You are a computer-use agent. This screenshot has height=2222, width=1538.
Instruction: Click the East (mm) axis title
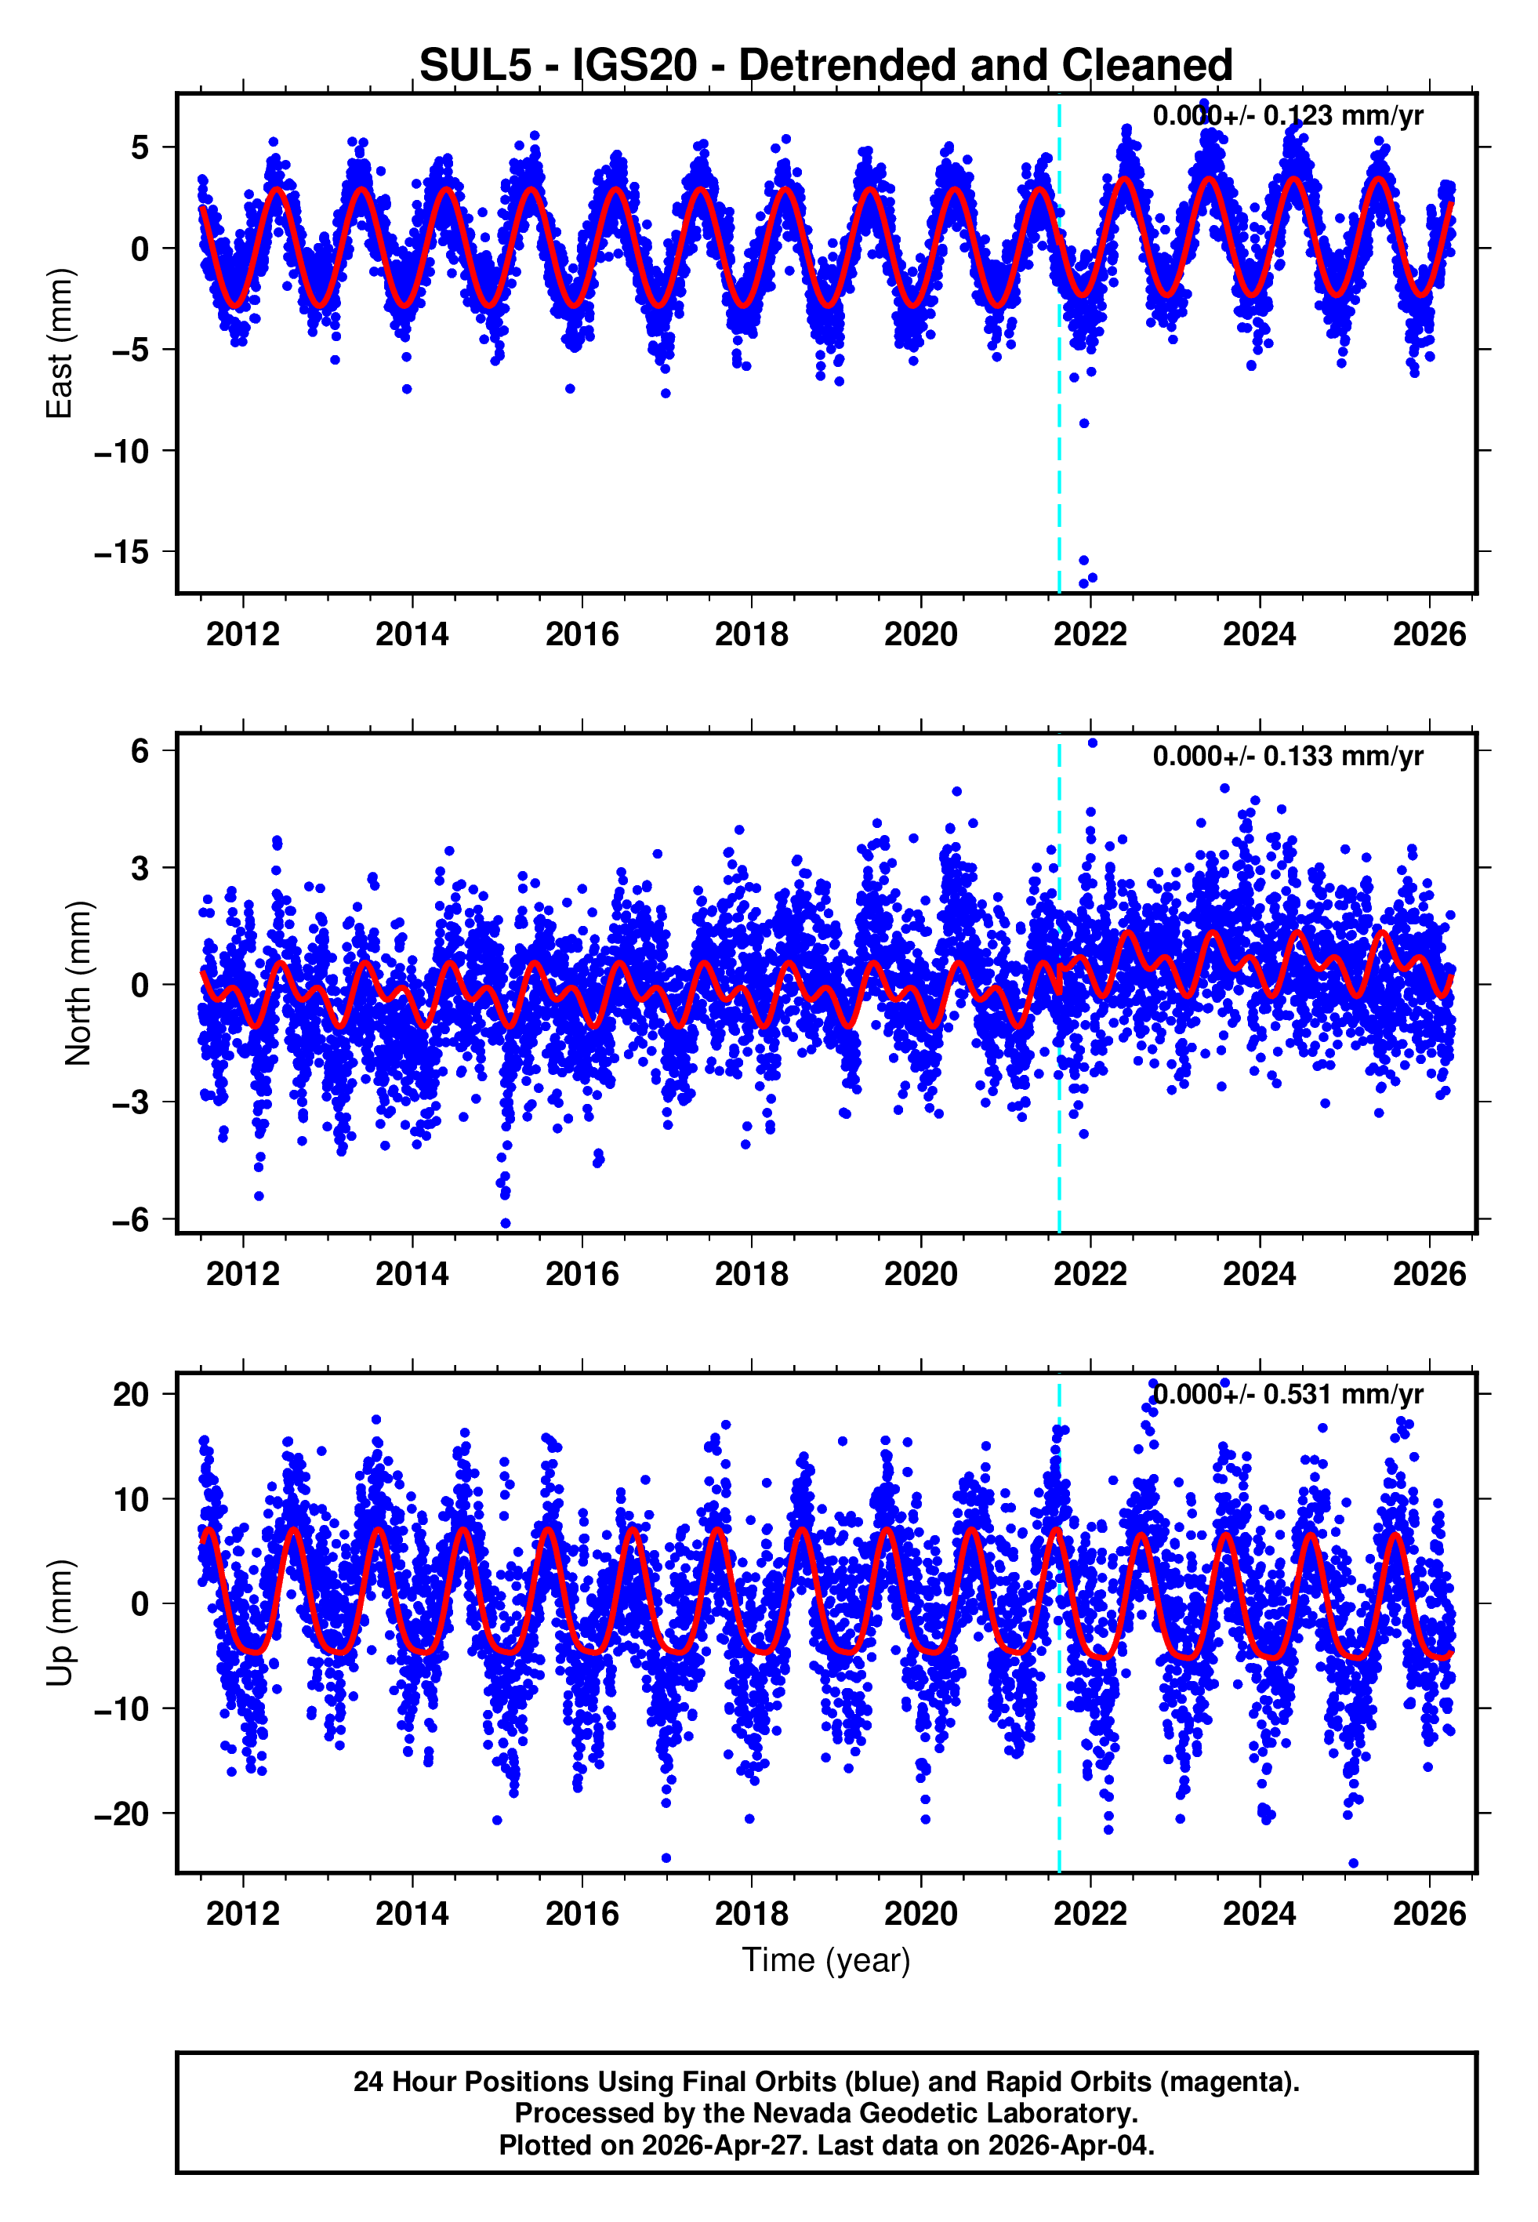[60, 344]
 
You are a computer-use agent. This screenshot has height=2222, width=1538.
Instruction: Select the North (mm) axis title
[79, 983]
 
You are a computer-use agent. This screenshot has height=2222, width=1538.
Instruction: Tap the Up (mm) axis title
[60, 1623]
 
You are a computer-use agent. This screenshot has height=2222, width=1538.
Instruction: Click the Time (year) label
[826, 1960]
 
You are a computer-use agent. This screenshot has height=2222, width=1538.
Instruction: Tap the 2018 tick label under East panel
[751, 634]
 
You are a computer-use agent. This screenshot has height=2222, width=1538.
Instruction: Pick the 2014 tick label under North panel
[412, 1274]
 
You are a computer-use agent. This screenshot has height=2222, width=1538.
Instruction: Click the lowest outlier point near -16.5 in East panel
[1083, 583]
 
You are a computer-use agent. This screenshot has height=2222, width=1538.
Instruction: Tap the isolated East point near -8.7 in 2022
[1084, 423]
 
